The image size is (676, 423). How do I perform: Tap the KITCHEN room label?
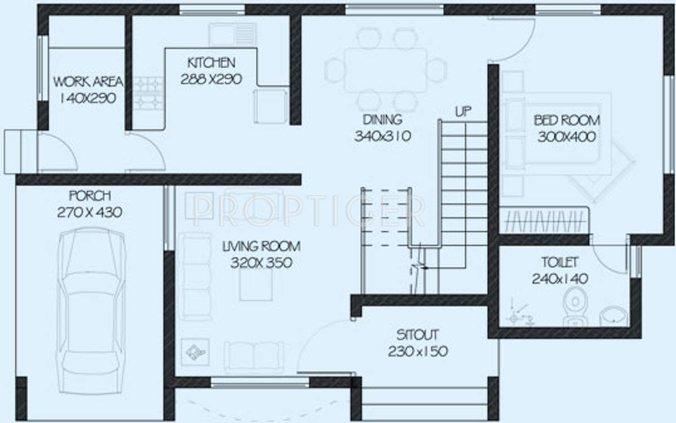tap(211, 62)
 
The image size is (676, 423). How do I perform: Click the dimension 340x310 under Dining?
tap(383, 136)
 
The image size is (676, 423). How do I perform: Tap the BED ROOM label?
tap(567, 120)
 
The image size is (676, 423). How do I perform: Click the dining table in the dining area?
tap(386, 70)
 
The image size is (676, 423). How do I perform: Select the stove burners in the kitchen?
tap(148, 93)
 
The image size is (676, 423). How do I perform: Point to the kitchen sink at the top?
tap(233, 34)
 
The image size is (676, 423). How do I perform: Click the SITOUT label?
tap(417, 335)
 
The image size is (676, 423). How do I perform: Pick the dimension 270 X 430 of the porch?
tap(90, 213)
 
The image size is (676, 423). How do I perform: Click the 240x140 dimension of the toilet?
tap(559, 278)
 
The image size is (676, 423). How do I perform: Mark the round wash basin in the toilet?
tap(612, 316)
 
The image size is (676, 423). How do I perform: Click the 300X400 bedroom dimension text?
tap(567, 137)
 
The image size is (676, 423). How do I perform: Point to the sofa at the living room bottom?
tap(253, 355)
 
